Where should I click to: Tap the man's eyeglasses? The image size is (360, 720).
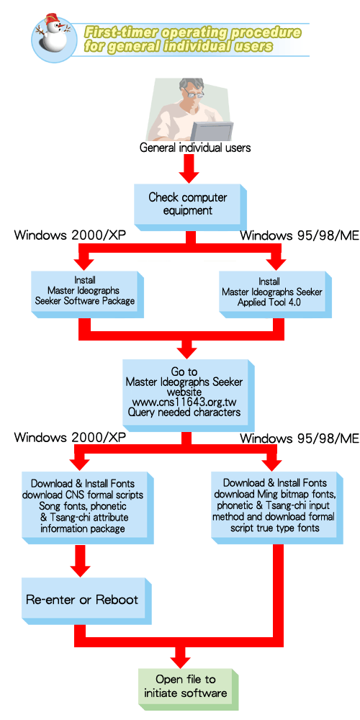[194, 93]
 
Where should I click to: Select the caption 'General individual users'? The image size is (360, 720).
[195, 148]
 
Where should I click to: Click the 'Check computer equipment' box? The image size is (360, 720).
[189, 205]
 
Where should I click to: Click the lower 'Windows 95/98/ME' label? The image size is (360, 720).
[300, 438]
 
